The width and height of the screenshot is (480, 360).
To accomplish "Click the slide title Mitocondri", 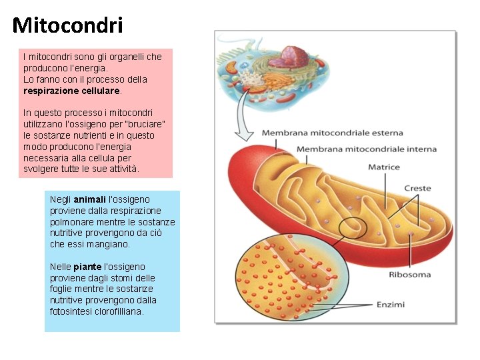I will tap(67, 25).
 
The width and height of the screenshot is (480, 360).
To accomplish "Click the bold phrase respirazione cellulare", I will tap(71, 90).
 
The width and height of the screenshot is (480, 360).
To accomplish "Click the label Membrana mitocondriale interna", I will tap(366, 149).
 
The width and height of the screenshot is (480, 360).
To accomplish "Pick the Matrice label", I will tap(384, 167).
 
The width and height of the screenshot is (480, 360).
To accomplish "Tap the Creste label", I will tap(417, 189).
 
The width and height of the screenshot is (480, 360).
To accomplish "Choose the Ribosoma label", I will tap(409, 275).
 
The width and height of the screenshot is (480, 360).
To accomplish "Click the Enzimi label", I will tap(390, 305).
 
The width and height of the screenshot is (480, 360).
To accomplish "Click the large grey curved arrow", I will tap(245, 113).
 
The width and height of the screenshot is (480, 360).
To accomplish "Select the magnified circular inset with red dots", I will tap(291, 280).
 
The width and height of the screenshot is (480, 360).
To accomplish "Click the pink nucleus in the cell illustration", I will tap(294, 55).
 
